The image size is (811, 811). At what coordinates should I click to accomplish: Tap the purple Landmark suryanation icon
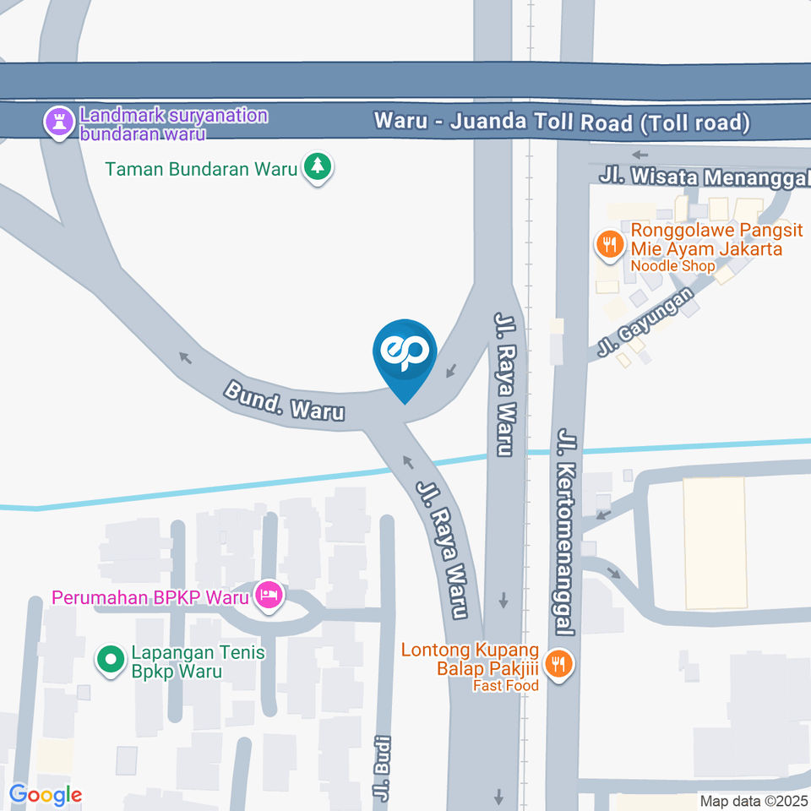tap(58, 121)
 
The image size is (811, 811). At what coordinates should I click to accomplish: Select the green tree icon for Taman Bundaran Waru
tap(318, 168)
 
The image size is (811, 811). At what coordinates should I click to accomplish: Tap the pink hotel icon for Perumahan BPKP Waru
tap(269, 596)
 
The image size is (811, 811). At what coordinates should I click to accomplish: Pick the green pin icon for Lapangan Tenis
tap(110, 661)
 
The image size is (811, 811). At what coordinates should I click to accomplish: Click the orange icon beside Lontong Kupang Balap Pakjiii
tap(558, 663)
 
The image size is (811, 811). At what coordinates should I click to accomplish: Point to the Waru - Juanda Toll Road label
tap(563, 122)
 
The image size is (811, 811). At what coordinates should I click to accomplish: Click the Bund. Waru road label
tap(284, 400)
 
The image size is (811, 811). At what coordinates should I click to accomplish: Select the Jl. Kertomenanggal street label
tap(565, 532)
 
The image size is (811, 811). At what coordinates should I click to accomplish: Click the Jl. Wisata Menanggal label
tap(705, 177)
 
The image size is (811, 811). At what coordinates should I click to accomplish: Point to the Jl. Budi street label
tap(384, 768)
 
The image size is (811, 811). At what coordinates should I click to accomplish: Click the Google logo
tap(46, 795)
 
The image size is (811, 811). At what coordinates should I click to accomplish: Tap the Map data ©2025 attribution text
tap(754, 800)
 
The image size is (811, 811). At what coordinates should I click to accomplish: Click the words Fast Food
tap(505, 686)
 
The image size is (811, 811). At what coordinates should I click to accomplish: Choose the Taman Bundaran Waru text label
tap(201, 169)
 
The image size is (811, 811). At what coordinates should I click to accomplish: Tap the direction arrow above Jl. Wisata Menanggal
tap(640, 155)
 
